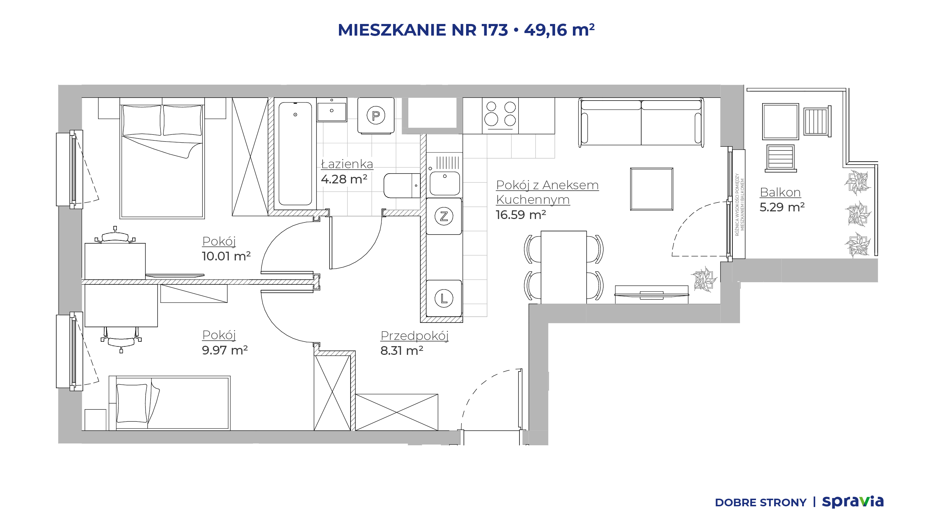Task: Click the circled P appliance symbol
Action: point(376,115)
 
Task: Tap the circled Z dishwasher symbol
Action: point(444,216)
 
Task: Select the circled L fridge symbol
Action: point(444,299)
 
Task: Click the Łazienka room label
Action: point(347,164)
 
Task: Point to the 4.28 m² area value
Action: point(344,179)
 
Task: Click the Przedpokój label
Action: point(415,336)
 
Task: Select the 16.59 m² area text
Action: point(521,215)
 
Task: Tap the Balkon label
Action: point(780,192)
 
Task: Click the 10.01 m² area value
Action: point(226,256)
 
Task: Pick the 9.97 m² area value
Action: point(225,350)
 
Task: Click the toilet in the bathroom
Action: point(402,186)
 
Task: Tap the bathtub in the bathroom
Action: point(295,154)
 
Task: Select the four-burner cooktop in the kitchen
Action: point(500,116)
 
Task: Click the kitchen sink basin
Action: point(445,183)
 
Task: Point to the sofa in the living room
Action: point(641,122)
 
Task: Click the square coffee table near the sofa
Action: point(652,189)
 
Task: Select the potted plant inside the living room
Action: point(705,279)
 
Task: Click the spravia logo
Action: point(853,502)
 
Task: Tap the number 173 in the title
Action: point(494,30)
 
